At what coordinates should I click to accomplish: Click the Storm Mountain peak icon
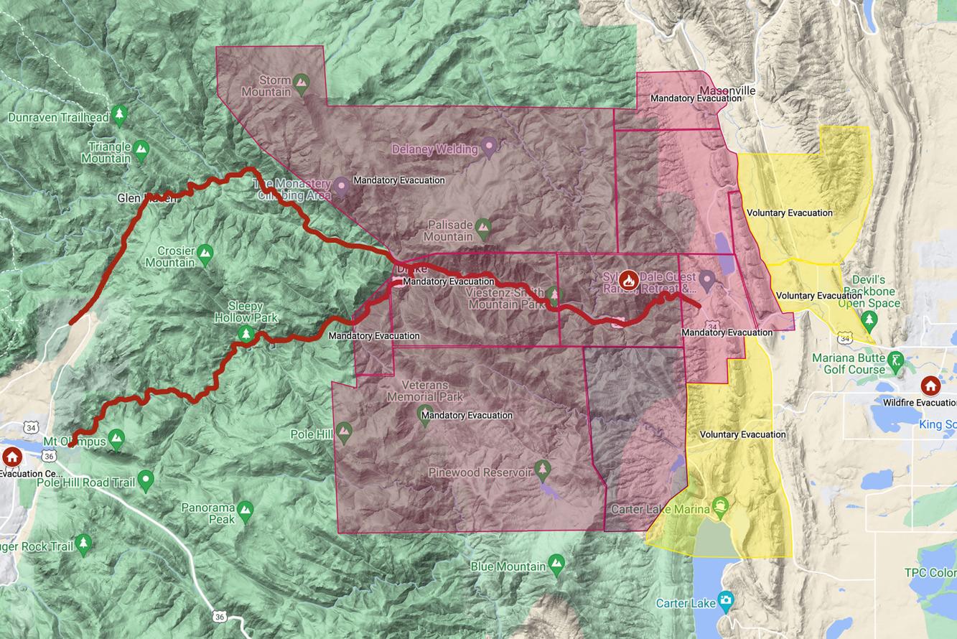pos(302,81)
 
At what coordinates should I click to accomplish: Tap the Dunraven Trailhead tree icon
pos(119,113)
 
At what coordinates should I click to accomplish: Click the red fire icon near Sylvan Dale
pos(629,279)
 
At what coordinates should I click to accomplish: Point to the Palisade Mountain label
pos(448,230)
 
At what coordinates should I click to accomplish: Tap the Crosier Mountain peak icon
pos(205,253)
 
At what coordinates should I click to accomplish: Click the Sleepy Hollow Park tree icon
pos(246,334)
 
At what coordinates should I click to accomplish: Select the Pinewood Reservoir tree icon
pos(542,468)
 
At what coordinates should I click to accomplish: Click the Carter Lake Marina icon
pos(720,506)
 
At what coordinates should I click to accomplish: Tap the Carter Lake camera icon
pos(725,599)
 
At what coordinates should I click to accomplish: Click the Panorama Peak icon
pos(246,510)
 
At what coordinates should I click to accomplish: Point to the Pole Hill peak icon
pos(344,431)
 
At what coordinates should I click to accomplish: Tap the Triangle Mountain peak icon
pos(141,149)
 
